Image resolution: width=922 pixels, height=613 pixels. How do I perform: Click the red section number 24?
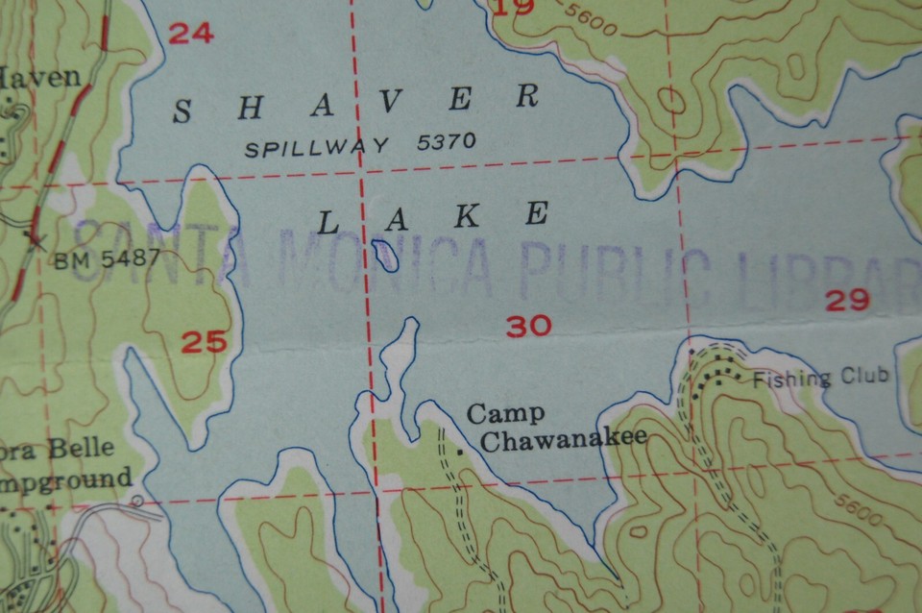tap(190, 34)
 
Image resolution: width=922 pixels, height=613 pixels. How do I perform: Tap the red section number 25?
tap(204, 341)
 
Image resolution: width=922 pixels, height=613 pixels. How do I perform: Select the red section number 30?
tap(529, 327)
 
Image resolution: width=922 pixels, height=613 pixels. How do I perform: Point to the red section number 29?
tap(847, 301)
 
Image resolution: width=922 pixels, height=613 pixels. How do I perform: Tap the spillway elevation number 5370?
tap(447, 142)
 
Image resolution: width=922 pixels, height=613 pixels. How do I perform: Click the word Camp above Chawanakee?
tap(505, 414)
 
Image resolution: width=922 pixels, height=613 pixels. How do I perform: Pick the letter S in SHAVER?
tap(180, 112)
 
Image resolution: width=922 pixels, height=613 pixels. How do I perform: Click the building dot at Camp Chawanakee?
tap(462, 450)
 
